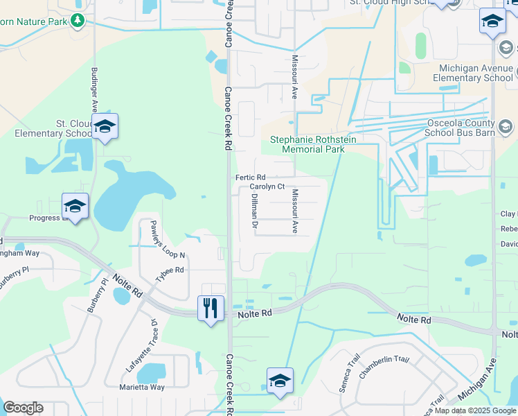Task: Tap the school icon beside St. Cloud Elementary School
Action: click(x=105, y=127)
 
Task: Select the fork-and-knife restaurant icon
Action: click(x=210, y=307)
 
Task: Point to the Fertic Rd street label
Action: click(x=251, y=177)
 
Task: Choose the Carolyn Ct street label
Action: click(x=267, y=187)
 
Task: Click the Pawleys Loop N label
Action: click(x=163, y=239)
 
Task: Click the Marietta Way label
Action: click(x=142, y=387)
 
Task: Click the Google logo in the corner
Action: click(x=23, y=408)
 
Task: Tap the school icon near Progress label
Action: click(x=75, y=206)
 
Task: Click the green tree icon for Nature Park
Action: click(x=78, y=21)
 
